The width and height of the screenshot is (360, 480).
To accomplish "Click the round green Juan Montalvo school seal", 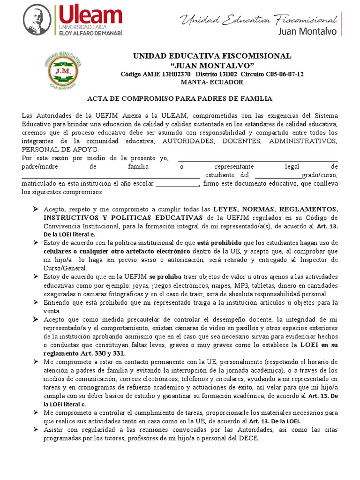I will click(62, 68).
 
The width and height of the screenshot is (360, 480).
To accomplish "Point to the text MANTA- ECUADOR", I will click(212, 82).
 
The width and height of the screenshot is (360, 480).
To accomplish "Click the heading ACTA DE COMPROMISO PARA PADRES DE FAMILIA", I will click(180, 99).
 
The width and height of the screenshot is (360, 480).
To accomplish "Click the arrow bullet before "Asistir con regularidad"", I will click(35, 429).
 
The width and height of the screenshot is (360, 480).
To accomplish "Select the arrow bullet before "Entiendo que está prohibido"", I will click(35, 302).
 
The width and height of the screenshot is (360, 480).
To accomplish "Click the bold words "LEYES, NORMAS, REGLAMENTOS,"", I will click(275, 209).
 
